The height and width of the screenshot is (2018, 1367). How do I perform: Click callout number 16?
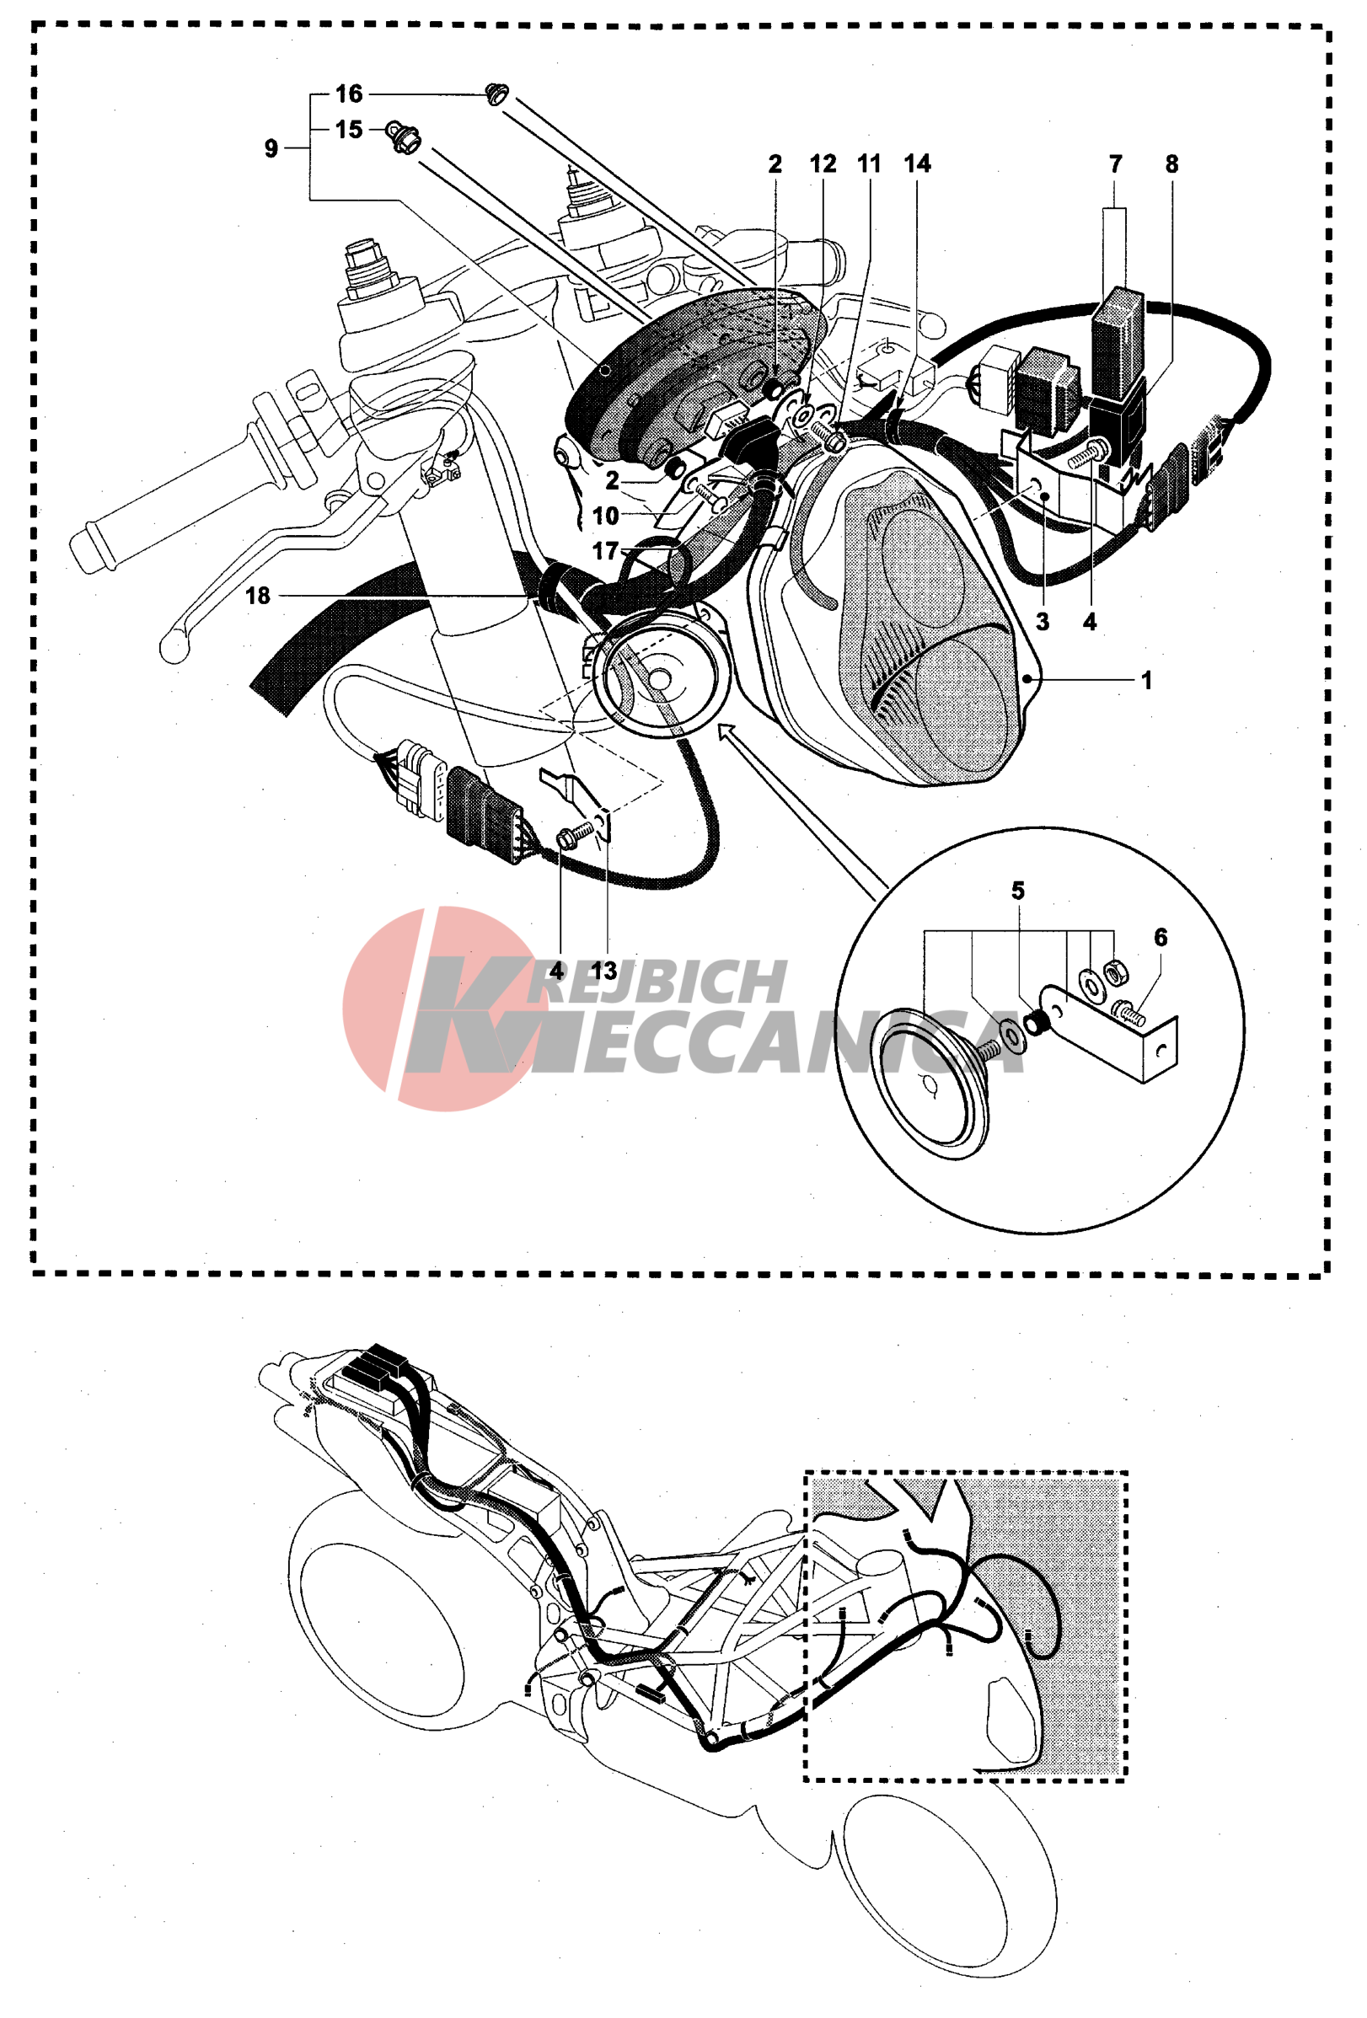tap(348, 94)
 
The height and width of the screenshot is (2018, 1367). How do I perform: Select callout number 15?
tap(348, 131)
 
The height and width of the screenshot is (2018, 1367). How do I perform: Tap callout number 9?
tap(271, 148)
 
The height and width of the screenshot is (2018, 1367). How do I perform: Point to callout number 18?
tap(258, 596)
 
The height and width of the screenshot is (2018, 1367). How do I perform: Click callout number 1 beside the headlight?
tap(1146, 680)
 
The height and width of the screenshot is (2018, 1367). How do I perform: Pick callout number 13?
tap(603, 971)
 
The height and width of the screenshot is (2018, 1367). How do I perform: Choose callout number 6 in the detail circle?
tap(1161, 938)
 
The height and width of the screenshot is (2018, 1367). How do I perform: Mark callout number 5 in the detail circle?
tap(1018, 891)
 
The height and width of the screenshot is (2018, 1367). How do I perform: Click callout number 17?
tap(604, 550)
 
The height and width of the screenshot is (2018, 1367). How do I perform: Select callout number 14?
tap(917, 164)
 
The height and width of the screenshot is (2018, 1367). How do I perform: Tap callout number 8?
tap(1171, 164)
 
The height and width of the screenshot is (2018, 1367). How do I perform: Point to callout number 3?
tap(1043, 622)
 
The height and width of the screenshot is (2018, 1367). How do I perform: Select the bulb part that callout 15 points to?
tap(404, 137)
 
